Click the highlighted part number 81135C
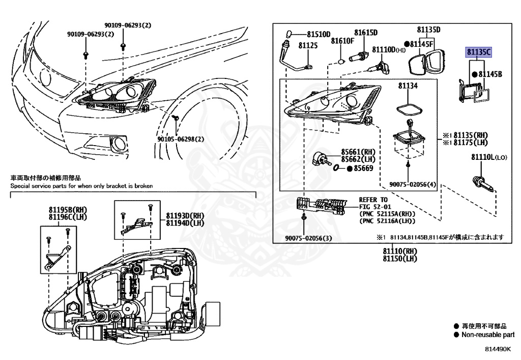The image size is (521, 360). (x=479, y=51)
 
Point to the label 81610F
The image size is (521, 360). (x=342, y=41)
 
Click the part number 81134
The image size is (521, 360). (x=408, y=87)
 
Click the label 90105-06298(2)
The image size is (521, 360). (x=181, y=139)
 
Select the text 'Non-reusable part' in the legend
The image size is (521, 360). (x=487, y=335)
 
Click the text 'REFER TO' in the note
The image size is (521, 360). (x=373, y=200)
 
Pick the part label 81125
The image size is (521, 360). (x=308, y=45)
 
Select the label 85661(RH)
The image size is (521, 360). (x=358, y=151)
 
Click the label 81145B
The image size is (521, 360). (x=490, y=74)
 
